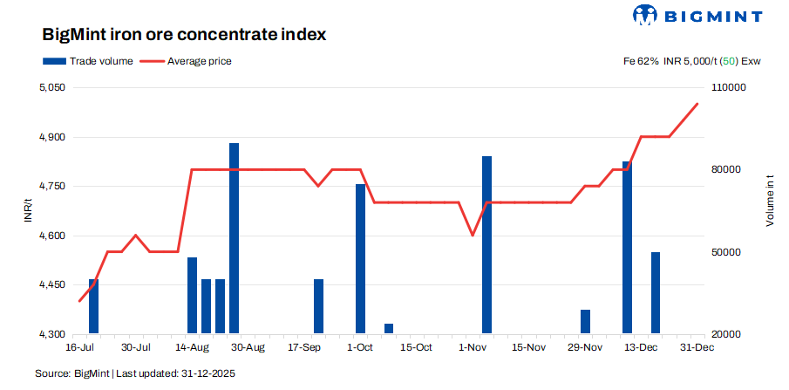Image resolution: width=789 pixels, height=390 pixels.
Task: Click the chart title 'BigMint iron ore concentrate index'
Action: tap(184, 35)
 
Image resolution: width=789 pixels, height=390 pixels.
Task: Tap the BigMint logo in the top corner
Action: tap(697, 16)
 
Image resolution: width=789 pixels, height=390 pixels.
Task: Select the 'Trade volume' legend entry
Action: tap(87, 61)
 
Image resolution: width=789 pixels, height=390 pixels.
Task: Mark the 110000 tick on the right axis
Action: tap(731, 88)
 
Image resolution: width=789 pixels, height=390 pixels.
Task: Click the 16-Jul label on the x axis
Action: tap(79, 348)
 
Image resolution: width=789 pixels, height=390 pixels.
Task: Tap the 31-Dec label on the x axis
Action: tap(697, 348)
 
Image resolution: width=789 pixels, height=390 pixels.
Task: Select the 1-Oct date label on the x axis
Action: tap(360, 348)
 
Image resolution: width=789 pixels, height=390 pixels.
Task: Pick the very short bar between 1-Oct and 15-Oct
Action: tap(389, 329)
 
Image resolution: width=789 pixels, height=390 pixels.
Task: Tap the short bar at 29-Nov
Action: tap(585, 322)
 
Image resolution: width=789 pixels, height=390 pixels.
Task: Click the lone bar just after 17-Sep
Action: tap(318, 306)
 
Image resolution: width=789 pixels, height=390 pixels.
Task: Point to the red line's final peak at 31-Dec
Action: tap(697, 104)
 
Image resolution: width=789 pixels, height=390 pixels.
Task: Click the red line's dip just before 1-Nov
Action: tap(473, 235)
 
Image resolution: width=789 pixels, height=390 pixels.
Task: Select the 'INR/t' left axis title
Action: tap(30, 211)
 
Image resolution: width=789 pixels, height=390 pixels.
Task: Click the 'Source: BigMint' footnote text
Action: tap(135, 373)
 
